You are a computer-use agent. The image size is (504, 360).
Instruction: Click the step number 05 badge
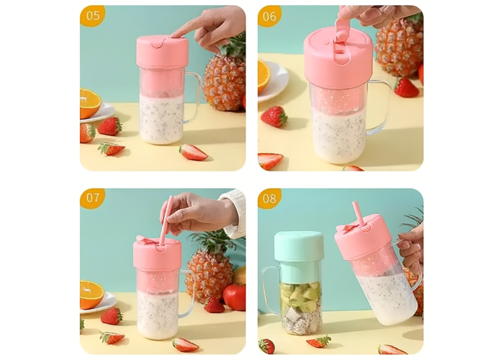(92, 15)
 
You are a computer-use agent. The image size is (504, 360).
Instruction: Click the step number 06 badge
(269, 16)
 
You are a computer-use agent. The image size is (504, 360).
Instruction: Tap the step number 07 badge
(92, 198)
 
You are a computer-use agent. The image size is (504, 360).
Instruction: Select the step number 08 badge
(269, 198)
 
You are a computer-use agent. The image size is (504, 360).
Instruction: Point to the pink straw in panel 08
(359, 215)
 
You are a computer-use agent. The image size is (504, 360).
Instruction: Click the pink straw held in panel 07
(166, 220)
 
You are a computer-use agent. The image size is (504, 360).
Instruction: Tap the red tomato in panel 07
(234, 297)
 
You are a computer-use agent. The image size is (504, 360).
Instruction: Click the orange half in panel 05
(90, 103)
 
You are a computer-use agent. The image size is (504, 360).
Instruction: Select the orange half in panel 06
(264, 76)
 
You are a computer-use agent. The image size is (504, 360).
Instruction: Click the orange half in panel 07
(91, 294)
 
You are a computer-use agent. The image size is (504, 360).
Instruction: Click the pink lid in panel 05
(162, 52)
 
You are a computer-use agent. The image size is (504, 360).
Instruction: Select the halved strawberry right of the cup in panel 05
(193, 153)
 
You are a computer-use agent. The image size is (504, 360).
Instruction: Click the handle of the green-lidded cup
(269, 289)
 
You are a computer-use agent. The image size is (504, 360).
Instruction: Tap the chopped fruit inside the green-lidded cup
(300, 306)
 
